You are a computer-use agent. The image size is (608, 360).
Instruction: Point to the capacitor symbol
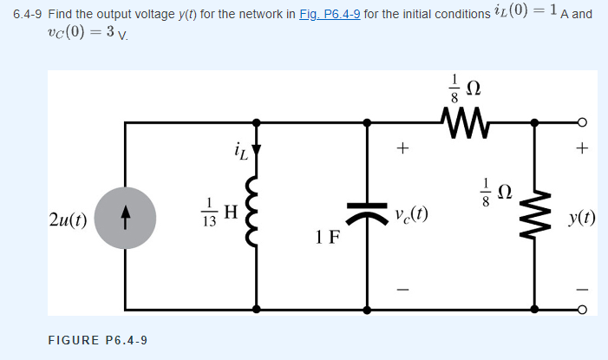[367, 213]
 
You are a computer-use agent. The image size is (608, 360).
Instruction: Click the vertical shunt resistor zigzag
[534, 213]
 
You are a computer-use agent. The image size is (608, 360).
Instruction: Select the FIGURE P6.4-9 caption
[96, 340]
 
